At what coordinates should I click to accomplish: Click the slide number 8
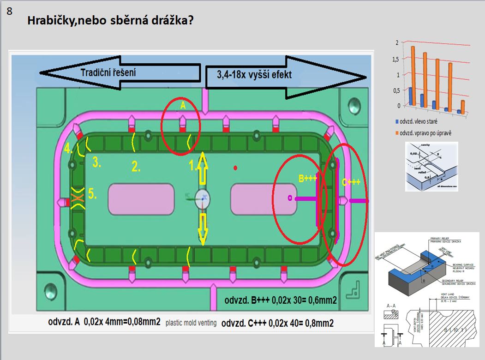click(x=10, y=11)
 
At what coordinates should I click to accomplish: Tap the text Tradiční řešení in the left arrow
click(x=108, y=72)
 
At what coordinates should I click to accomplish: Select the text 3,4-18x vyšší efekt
click(x=254, y=74)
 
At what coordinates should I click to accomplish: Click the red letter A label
click(x=182, y=106)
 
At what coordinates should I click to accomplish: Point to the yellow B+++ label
click(x=307, y=179)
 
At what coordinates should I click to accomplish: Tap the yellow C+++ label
click(x=351, y=182)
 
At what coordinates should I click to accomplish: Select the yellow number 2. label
click(x=136, y=167)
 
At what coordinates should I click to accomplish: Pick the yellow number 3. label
click(x=97, y=162)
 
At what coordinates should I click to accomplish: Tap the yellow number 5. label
click(x=92, y=195)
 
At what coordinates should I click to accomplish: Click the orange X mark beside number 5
click(x=77, y=198)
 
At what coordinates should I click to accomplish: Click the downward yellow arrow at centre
click(x=202, y=228)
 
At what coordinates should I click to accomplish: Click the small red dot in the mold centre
click(x=236, y=168)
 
